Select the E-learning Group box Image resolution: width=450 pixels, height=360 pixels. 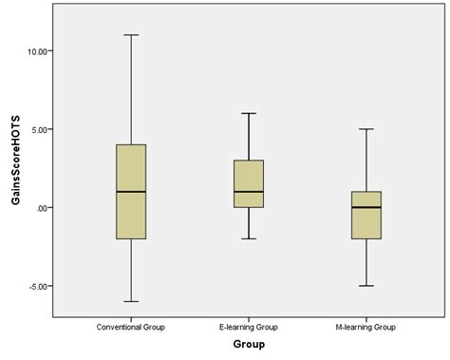[x=248, y=177]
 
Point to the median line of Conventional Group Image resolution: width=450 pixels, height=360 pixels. [x=131, y=192]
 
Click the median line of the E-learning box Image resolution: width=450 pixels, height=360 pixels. [x=248, y=192]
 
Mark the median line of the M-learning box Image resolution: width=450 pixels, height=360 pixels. [x=366, y=207]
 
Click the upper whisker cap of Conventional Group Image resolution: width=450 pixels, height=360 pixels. [x=131, y=35]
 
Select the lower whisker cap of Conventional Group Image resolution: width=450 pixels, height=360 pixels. [x=131, y=301]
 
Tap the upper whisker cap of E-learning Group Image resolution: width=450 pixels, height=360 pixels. [x=248, y=113]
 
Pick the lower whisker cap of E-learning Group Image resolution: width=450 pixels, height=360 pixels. [x=248, y=238]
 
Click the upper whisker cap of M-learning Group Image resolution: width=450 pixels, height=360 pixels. [x=366, y=129]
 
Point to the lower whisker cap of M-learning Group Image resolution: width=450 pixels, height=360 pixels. [x=366, y=285]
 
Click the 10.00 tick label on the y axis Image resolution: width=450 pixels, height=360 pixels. [x=41, y=50]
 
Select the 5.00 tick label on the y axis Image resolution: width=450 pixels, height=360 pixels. [x=43, y=129]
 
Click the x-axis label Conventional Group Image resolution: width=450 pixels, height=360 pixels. [x=131, y=327]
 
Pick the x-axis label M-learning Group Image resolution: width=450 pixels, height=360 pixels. [x=366, y=327]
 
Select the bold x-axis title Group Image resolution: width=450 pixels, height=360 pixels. [x=249, y=344]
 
